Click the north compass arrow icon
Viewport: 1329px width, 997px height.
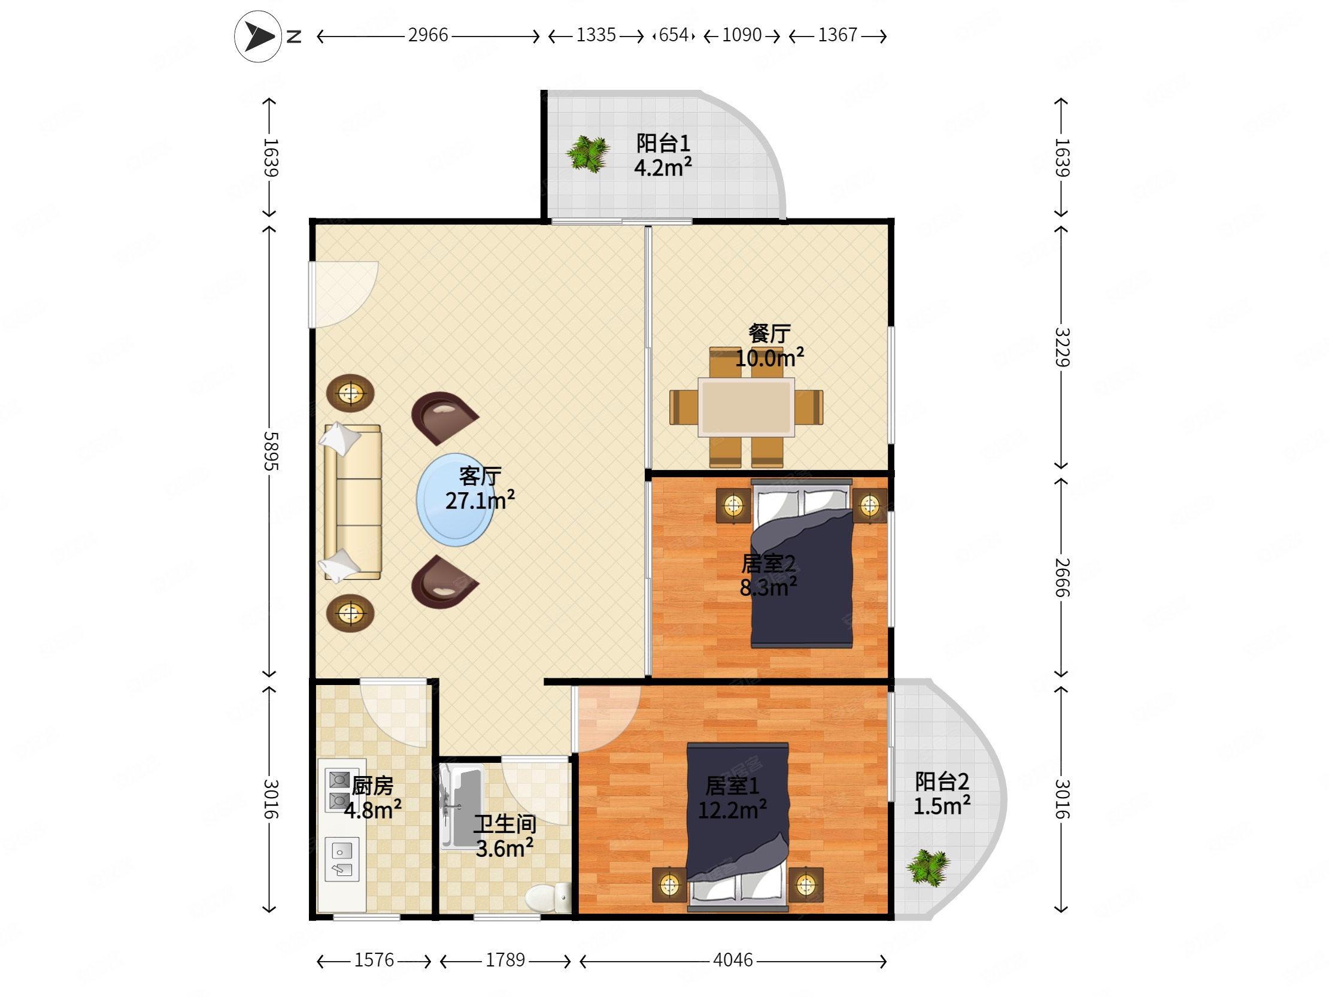[x=258, y=37]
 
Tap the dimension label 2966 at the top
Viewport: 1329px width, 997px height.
[x=428, y=35]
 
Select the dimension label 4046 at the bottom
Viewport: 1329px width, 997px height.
[x=732, y=960]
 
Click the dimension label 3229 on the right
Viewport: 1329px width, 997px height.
[x=1062, y=347]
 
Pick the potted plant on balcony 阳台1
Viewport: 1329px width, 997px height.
[x=588, y=153]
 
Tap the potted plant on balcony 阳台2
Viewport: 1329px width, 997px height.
[x=928, y=868]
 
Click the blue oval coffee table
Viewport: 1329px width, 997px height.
[x=456, y=499]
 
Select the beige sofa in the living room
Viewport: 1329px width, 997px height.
[x=351, y=502]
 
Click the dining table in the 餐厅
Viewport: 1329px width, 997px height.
[x=746, y=407]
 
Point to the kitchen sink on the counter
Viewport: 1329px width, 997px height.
[x=342, y=859]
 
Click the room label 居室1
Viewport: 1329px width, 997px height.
[x=732, y=786]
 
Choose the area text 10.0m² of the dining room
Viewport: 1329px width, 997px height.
[x=769, y=358]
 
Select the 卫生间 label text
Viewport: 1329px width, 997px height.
[x=505, y=824]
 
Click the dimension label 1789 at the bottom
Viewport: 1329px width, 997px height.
[x=505, y=960]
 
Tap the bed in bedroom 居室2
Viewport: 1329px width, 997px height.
[x=802, y=563]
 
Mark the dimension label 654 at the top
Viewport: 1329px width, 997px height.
[x=673, y=35]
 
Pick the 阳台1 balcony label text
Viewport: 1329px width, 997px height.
[x=663, y=143]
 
